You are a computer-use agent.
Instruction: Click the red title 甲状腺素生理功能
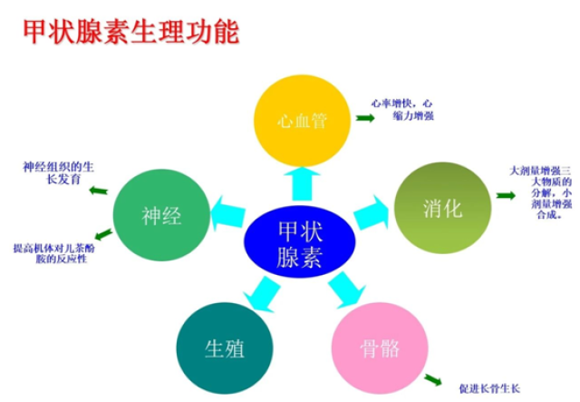131,32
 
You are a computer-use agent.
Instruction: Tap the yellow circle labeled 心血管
302,121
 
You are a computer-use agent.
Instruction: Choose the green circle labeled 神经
161,215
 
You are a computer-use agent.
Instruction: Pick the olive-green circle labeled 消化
443,208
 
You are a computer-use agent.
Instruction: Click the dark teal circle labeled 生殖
225,348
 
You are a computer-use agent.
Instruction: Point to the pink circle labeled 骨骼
380,348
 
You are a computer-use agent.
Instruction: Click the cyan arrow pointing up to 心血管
302,184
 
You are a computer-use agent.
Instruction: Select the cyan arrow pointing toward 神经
227,213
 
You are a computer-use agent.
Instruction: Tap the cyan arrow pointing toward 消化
372,212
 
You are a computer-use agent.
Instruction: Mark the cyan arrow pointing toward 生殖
261,294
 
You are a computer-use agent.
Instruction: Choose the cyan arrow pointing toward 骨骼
346,290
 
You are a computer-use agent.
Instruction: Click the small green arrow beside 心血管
365,118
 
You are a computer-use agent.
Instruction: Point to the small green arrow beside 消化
506,195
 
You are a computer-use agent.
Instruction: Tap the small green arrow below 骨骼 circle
433,380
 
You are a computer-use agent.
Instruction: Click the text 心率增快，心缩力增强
402,109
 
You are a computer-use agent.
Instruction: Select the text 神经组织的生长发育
58,172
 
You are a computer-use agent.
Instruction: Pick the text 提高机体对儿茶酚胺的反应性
54,253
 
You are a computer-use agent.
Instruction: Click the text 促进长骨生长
489,388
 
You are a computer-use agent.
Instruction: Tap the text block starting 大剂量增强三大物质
541,192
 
